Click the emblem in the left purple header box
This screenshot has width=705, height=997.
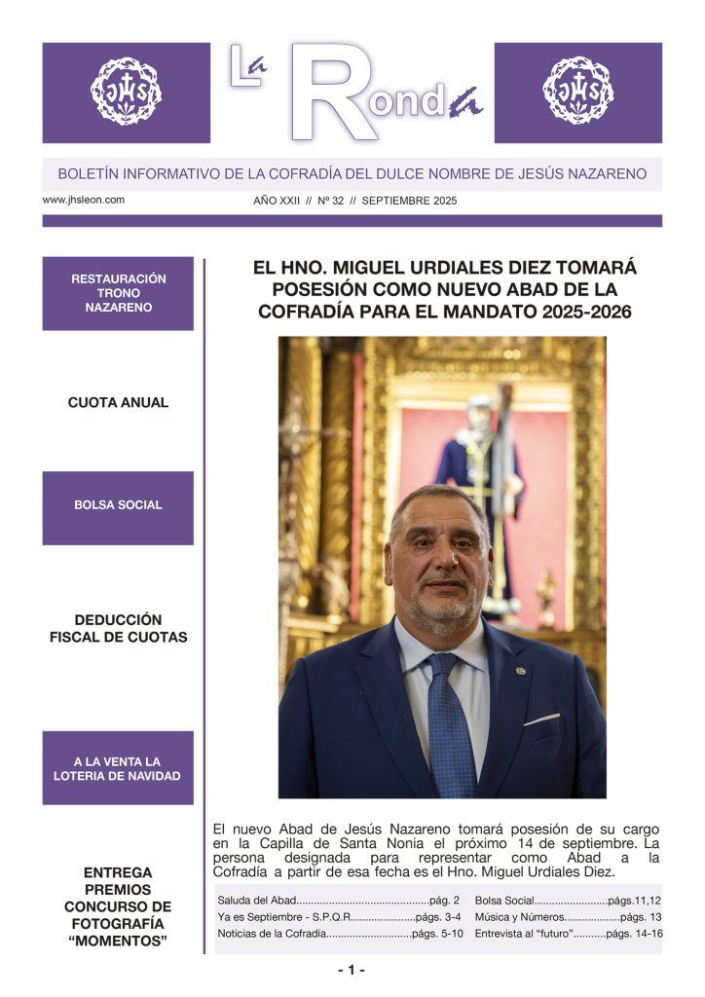click(x=127, y=92)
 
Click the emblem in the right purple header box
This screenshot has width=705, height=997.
click(x=578, y=92)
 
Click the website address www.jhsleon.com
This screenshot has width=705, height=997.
click(x=84, y=200)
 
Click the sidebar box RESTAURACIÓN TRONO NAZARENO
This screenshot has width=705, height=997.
click(x=118, y=293)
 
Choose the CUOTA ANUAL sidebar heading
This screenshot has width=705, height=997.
click(x=118, y=402)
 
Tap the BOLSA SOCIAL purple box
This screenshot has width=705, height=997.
click(x=118, y=505)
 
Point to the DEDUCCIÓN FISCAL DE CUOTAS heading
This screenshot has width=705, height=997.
click(x=118, y=628)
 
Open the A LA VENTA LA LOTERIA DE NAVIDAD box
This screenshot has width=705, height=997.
click(x=118, y=768)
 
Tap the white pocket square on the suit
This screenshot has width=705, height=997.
click(x=542, y=720)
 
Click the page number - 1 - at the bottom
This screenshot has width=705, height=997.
click(x=352, y=970)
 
